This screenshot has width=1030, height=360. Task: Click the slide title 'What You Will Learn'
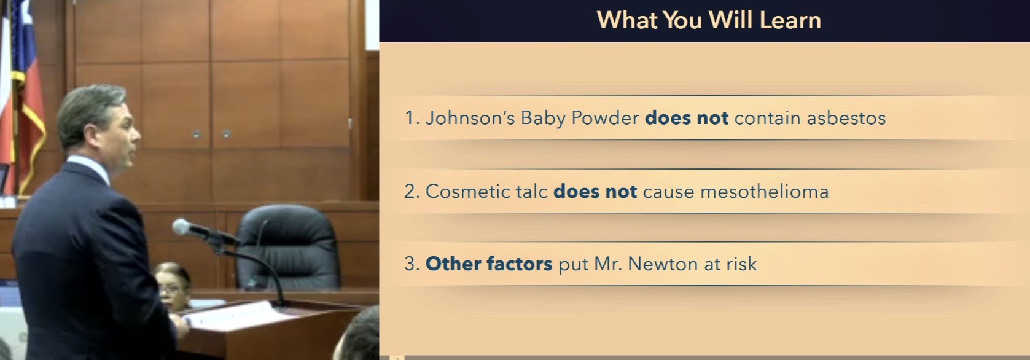point(709,20)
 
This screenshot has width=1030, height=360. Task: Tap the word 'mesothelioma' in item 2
point(764,192)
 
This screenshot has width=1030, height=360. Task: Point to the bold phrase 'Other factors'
point(489,264)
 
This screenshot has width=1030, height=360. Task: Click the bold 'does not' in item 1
point(686,118)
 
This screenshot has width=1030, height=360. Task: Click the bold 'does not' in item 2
point(595,192)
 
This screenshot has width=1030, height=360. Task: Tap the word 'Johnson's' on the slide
point(470,118)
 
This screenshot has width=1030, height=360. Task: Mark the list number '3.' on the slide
point(412,264)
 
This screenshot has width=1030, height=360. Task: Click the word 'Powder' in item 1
point(605,118)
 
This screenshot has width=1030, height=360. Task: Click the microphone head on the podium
point(183,227)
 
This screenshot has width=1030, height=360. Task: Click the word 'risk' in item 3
point(741,264)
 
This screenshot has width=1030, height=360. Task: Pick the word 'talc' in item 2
point(531,192)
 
